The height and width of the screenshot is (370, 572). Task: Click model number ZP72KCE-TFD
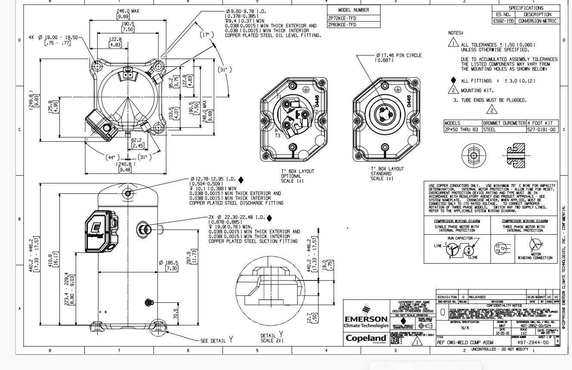(x=342, y=18)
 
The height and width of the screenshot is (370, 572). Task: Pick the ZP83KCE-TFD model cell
(x=342, y=25)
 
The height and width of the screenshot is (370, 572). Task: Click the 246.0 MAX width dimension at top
(x=128, y=11)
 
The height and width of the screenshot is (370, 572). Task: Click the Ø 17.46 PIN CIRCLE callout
(x=398, y=56)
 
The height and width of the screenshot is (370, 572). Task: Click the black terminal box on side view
(x=100, y=231)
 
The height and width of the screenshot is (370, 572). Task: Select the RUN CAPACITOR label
(x=460, y=238)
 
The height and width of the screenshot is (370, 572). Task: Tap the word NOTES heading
(x=455, y=33)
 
